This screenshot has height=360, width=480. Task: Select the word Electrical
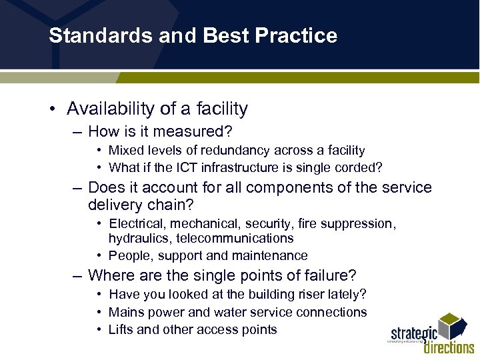point(135,223)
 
